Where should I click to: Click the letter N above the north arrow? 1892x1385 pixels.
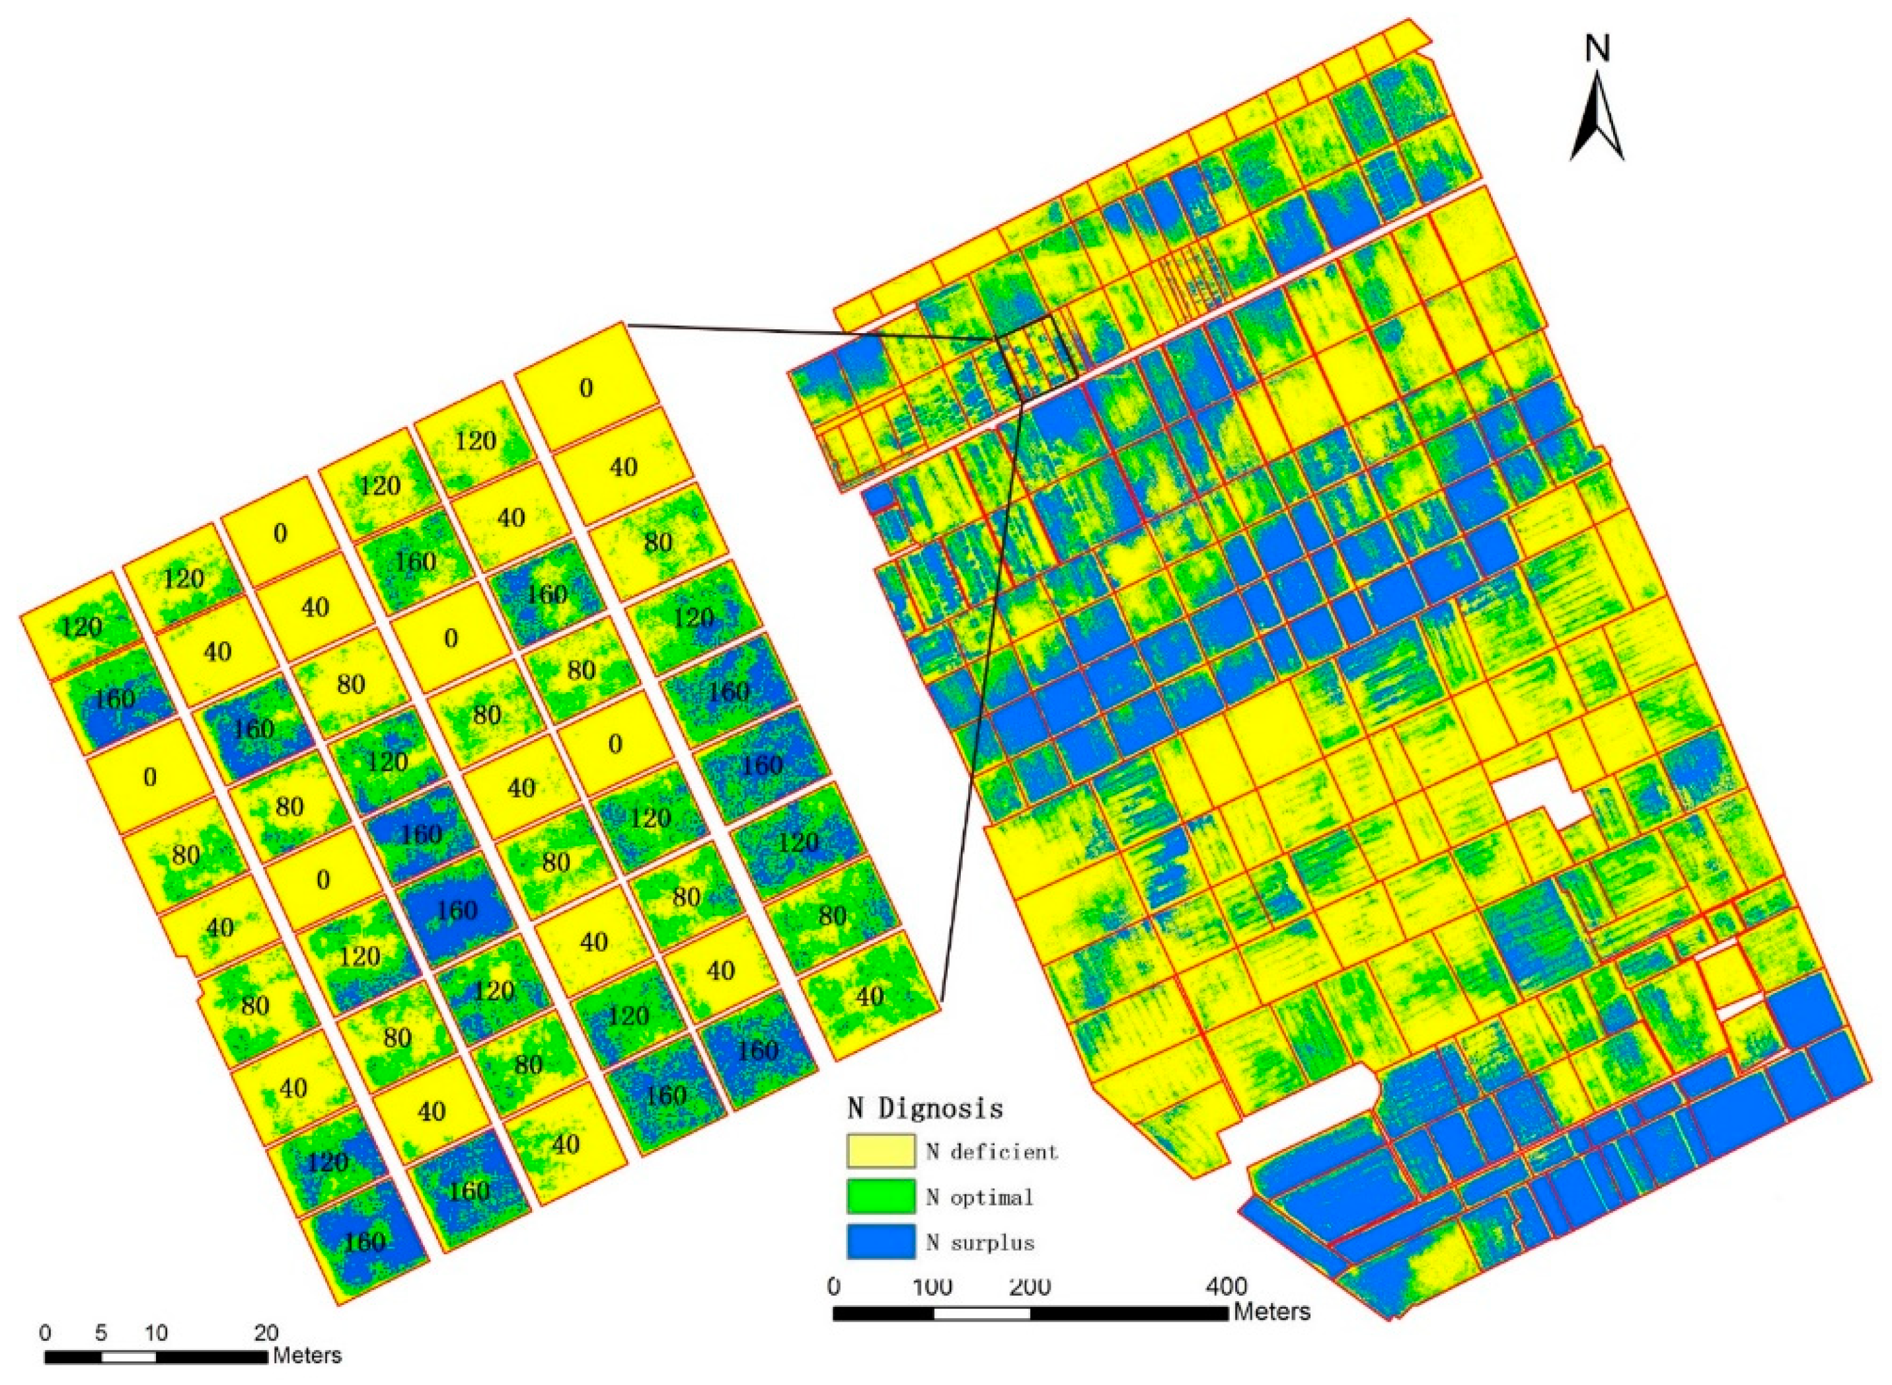(1597, 49)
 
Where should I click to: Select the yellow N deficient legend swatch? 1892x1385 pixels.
(880, 1150)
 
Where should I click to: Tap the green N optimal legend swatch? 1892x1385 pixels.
(880, 1197)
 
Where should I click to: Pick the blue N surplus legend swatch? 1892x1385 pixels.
(880, 1242)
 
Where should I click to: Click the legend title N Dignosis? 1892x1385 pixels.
(925, 1109)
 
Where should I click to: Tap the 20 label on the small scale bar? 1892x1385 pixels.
(266, 1332)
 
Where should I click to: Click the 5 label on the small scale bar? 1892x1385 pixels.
(101, 1332)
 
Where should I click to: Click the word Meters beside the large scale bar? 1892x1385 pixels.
(1271, 1310)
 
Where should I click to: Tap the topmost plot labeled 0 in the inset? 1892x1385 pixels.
(586, 387)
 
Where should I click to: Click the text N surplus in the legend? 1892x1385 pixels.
(980, 1242)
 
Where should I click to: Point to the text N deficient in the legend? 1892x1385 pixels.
(992, 1151)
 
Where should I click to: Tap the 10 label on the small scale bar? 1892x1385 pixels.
(156, 1332)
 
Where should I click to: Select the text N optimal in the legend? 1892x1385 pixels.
(979, 1197)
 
